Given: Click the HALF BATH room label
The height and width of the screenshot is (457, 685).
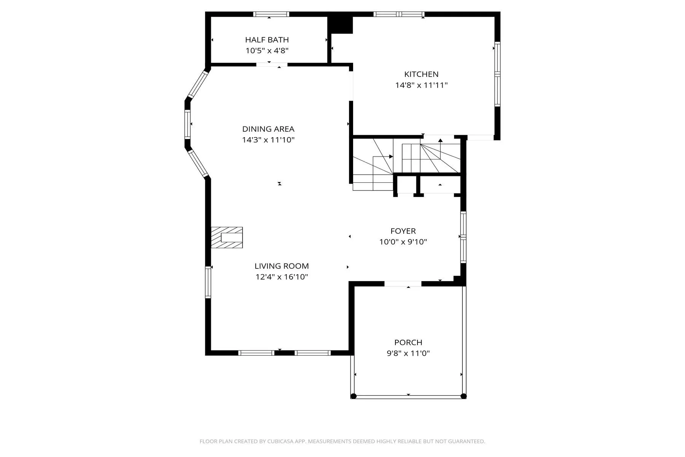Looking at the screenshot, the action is (267, 40).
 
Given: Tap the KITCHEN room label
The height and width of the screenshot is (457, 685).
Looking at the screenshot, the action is (421, 74).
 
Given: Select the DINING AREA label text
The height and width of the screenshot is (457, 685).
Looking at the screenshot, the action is (268, 129).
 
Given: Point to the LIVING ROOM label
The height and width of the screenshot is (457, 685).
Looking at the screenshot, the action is (282, 266).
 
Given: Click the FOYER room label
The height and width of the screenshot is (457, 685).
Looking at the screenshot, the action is (403, 231).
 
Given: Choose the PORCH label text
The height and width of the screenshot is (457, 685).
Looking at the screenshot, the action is (408, 342).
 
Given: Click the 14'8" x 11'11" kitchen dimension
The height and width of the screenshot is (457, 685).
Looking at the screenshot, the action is (421, 85).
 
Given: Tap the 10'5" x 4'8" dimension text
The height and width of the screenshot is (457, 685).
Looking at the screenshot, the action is (267, 51).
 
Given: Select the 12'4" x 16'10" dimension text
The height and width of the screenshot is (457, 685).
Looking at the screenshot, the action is (282, 277).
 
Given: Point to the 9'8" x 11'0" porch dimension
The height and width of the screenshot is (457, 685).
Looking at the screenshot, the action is (408, 353).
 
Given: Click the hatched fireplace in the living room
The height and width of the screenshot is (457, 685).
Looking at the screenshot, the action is (227, 238).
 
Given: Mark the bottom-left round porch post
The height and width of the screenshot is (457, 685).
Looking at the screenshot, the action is (354, 396).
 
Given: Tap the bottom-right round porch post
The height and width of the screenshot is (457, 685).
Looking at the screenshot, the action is (464, 396).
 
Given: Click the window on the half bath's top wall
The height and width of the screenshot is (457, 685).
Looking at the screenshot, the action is (271, 14).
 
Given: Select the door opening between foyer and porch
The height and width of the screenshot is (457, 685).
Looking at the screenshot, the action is (403, 284).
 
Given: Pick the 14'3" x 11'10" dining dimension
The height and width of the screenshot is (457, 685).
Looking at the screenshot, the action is (268, 140).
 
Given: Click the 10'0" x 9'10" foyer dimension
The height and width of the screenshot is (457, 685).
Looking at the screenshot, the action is (403, 242).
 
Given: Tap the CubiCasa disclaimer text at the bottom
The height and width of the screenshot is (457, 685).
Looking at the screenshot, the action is (342, 441).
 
